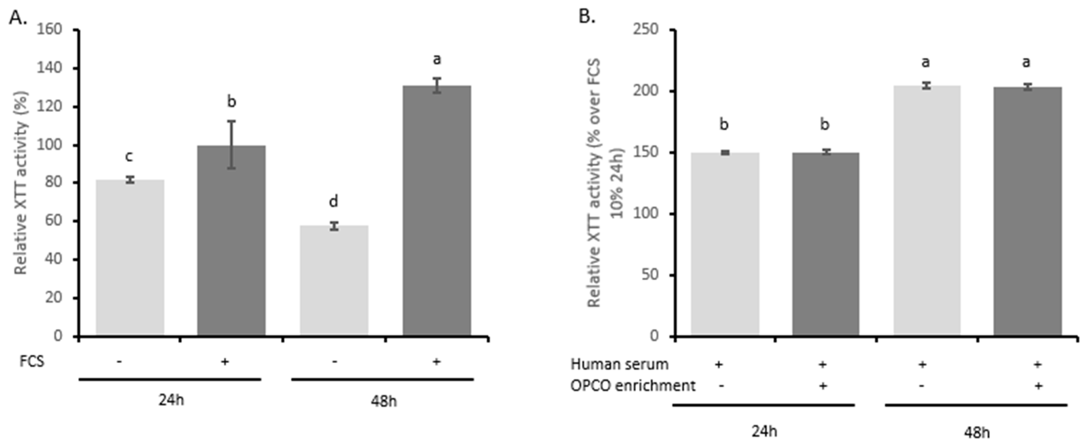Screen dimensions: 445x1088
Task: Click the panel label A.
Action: coord(18,18)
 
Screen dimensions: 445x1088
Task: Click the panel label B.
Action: coord(587,18)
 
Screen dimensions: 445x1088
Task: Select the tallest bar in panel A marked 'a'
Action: coord(436,211)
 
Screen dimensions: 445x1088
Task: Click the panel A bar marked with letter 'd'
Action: coord(334,281)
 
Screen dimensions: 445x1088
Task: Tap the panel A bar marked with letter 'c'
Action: coord(130,257)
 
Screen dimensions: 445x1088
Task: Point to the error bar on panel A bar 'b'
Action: coord(231,145)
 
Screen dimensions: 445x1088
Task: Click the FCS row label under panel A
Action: coord(32,362)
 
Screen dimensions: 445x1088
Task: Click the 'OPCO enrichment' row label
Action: coord(633,386)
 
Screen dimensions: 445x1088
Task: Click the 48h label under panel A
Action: coord(383,401)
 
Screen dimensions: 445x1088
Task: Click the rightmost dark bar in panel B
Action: coord(1027,211)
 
